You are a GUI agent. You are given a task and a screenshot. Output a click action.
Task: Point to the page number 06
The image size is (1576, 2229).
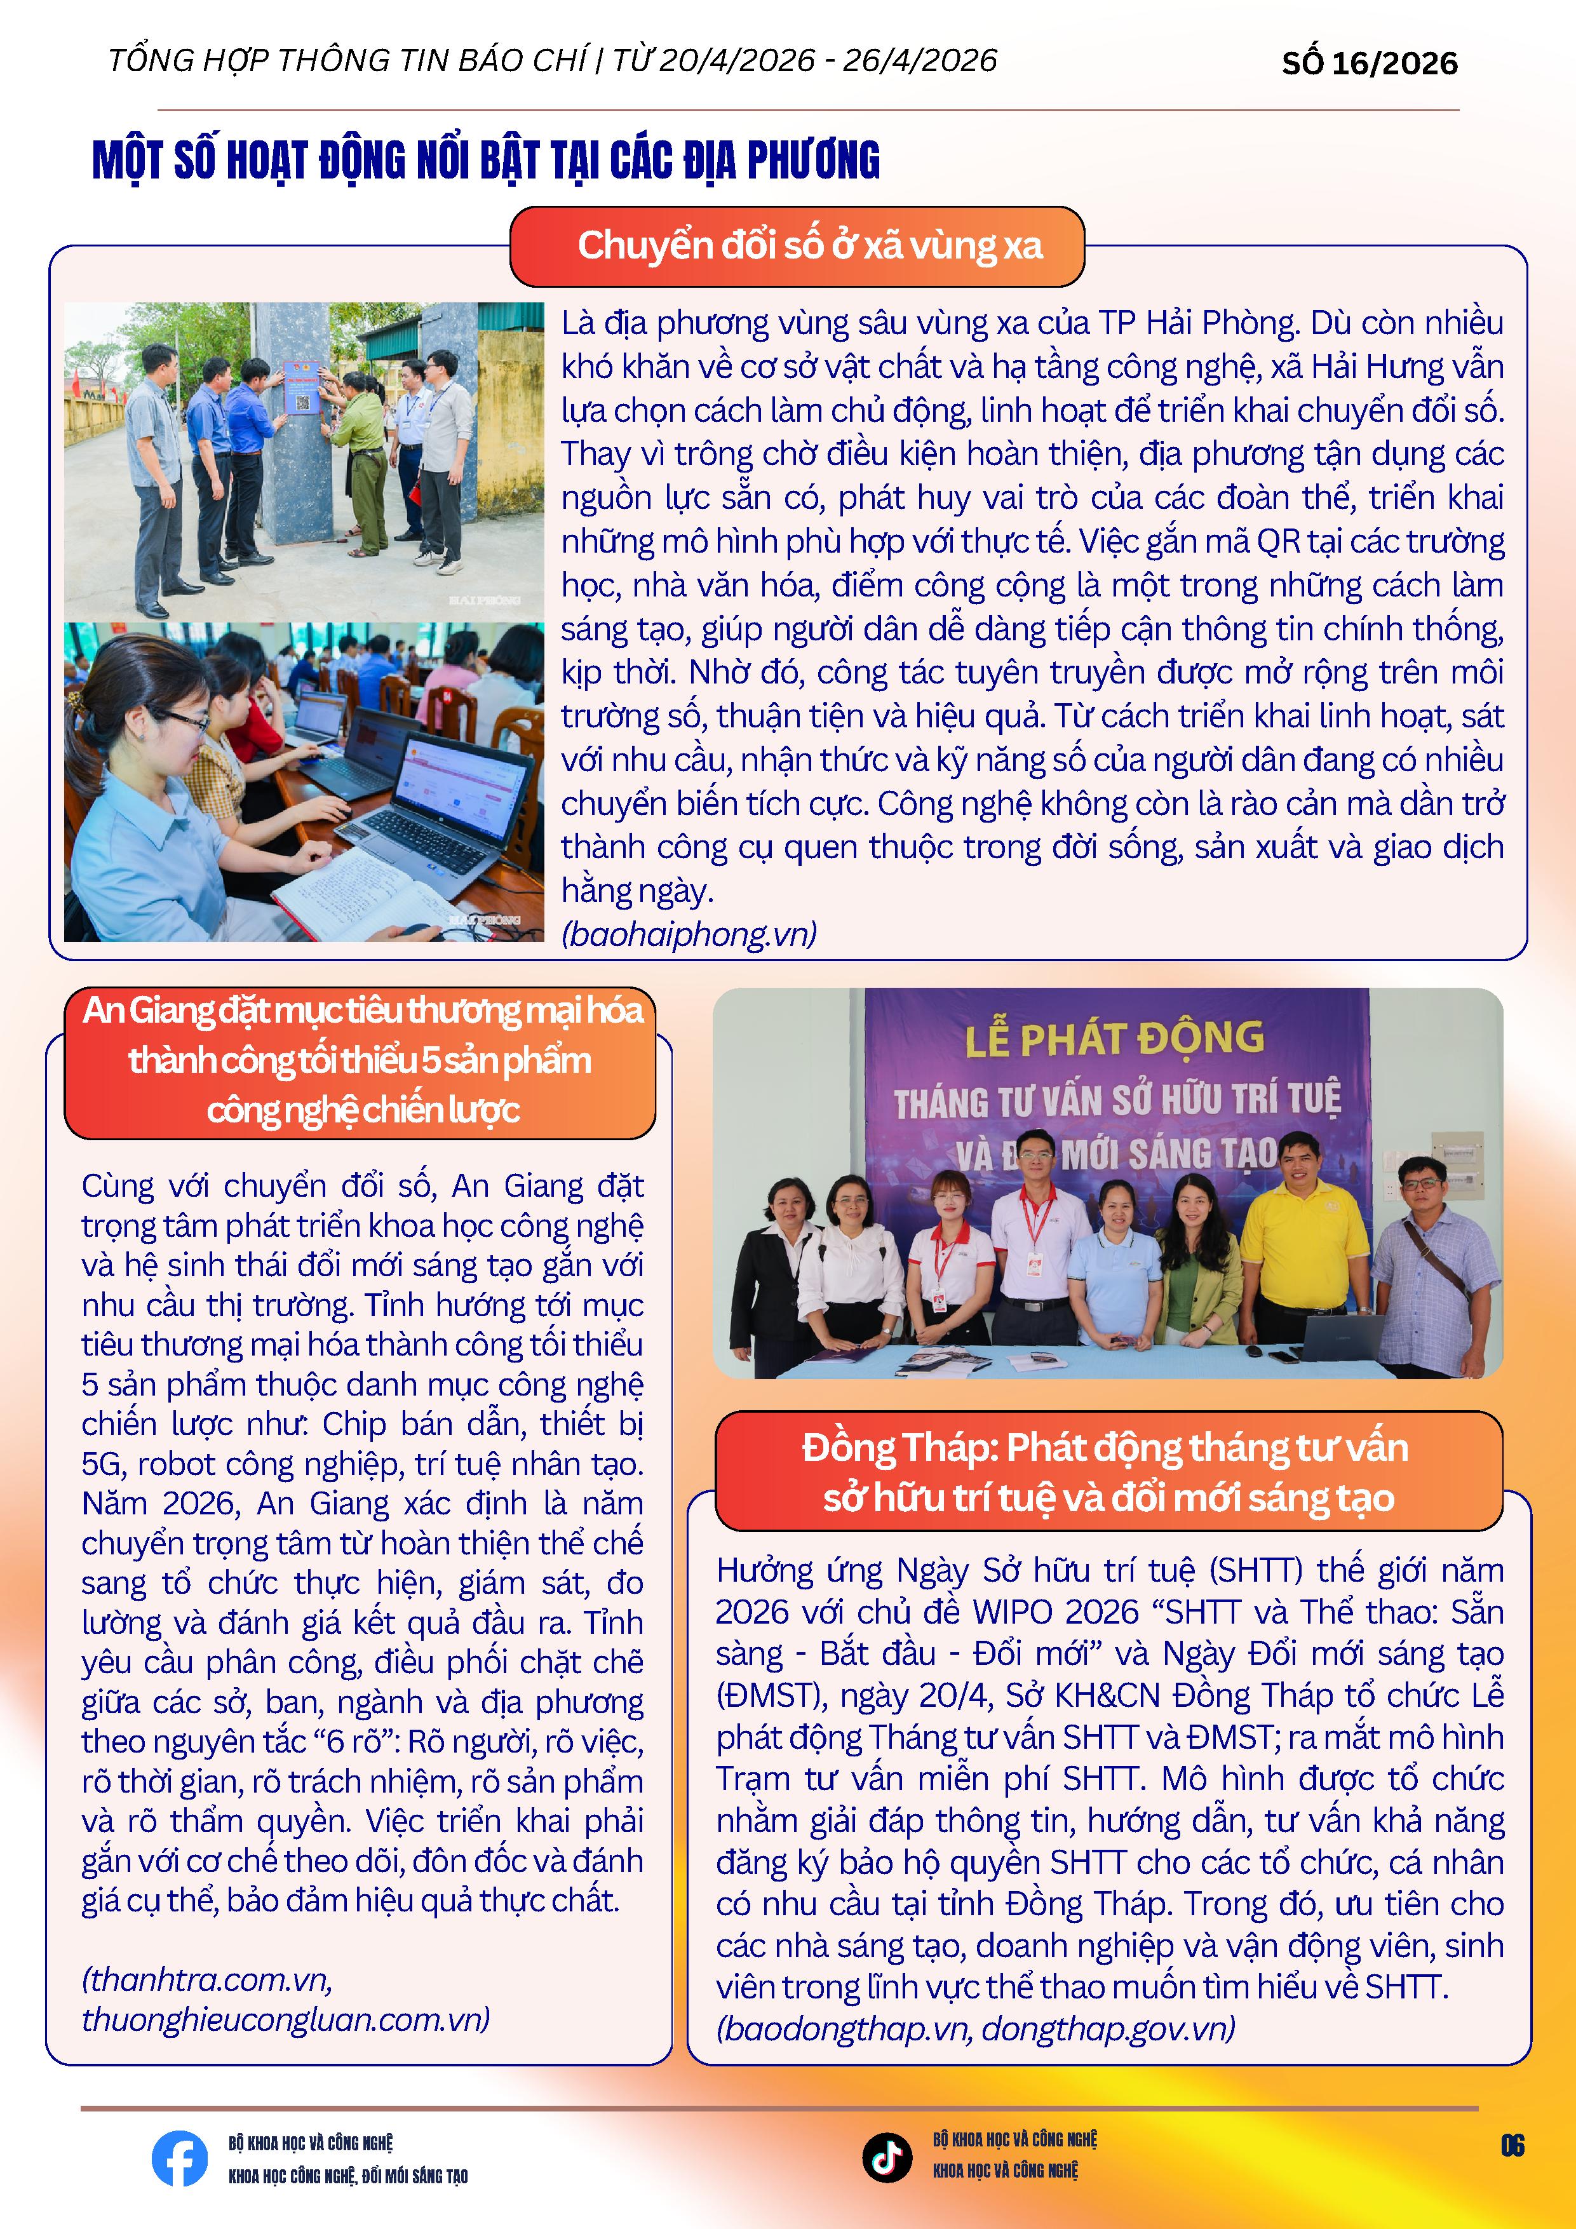coord(1512,2145)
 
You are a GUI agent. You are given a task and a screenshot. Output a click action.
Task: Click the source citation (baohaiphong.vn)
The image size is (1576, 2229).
coord(689,934)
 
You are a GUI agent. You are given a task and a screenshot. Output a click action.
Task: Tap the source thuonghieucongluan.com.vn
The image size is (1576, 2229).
coord(285,2019)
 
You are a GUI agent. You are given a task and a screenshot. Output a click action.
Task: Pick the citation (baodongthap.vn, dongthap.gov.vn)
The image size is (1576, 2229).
coord(975,2028)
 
